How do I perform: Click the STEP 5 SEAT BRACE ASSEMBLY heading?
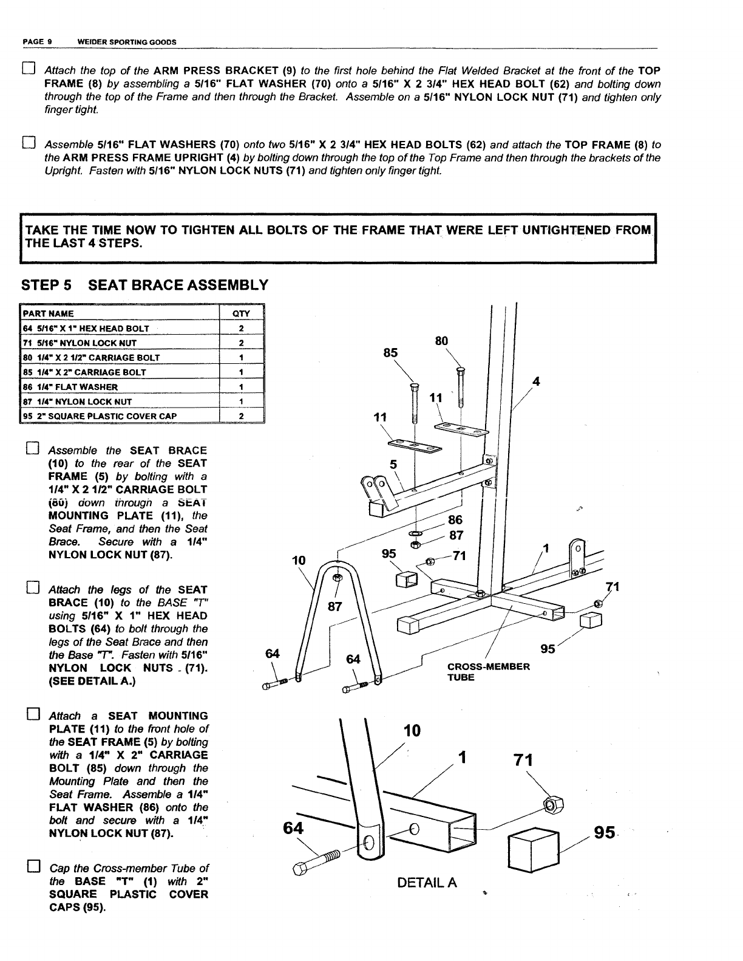pyautogui.click(x=144, y=285)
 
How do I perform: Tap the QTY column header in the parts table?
pyautogui.click(x=241, y=313)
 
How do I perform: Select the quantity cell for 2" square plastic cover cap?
pyautogui.click(x=241, y=416)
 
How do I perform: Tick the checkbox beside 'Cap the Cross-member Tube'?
pyautogui.click(x=34, y=867)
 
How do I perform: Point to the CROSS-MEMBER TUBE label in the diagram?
pyautogui.click(x=488, y=671)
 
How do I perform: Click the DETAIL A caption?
pyautogui.click(x=427, y=883)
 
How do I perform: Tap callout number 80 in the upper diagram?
pyautogui.click(x=442, y=341)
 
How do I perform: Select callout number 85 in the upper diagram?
pyautogui.click(x=390, y=353)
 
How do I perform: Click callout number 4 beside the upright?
pyautogui.click(x=536, y=381)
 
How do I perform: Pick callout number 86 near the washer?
pyautogui.click(x=455, y=519)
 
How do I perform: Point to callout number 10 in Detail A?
pyautogui.click(x=412, y=730)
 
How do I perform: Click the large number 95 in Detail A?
pyautogui.click(x=605, y=832)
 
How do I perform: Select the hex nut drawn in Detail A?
pyautogui.click(x=552, y=805)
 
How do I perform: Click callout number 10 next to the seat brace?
pyautogui.click(x=299, y=559)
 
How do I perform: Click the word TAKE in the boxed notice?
pyautogui.click(x=41, y=230)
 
